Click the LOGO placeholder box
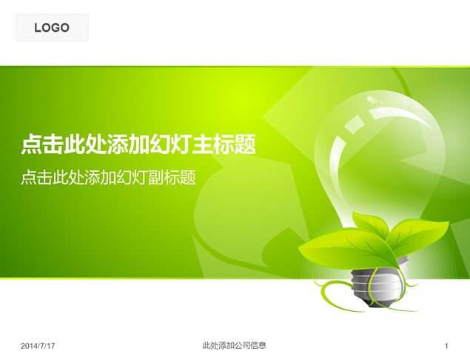[52, 28]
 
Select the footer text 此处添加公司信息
[234, 345]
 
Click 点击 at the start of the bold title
[41, 144]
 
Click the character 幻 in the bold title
[160, 144]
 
